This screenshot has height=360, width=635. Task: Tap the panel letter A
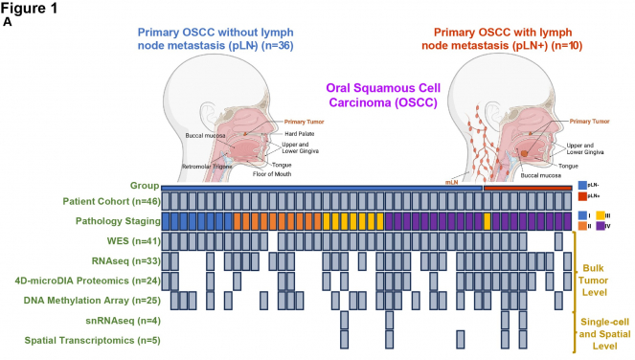tap(7, 22)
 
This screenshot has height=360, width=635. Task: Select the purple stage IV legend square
tap(601, 228)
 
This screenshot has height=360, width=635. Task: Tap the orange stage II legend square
tap(583, 228)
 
